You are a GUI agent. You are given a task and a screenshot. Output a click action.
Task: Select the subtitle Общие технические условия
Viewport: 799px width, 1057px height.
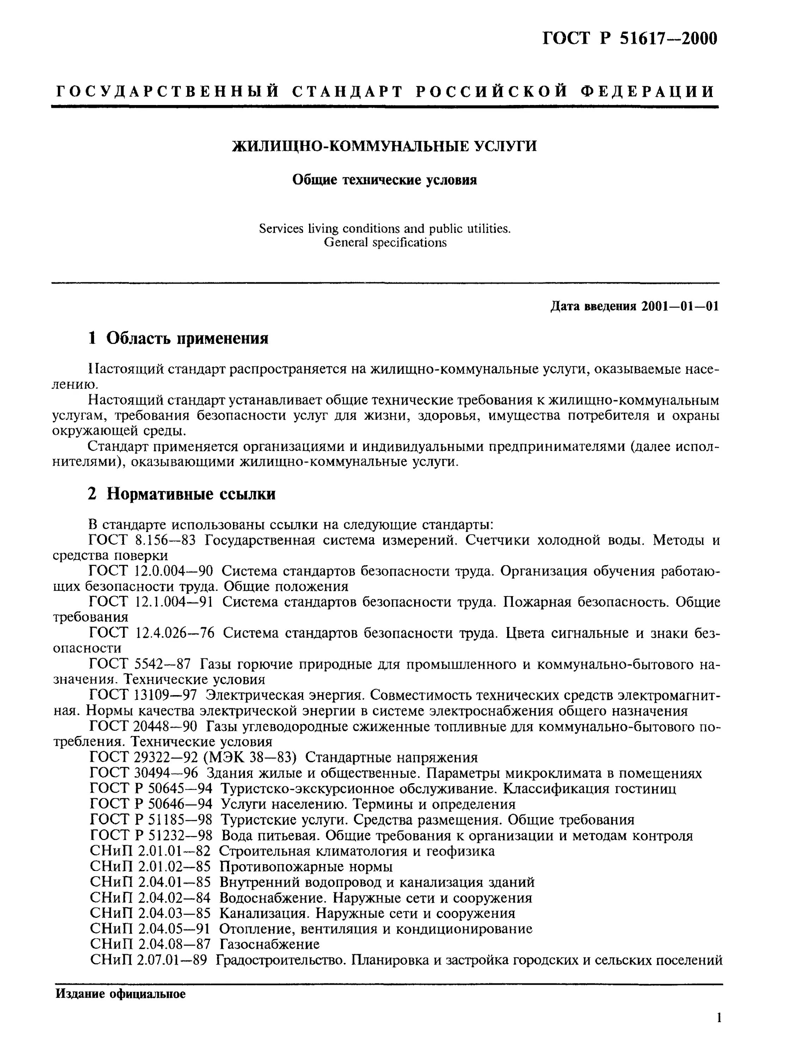[384, 180]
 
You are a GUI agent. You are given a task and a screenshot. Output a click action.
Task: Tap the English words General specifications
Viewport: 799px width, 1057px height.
[385, 243]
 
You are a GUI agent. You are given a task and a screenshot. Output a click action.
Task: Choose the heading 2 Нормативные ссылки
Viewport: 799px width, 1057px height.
[182, 494]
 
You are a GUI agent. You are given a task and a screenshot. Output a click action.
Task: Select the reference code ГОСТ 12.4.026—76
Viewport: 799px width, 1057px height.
[152, 633]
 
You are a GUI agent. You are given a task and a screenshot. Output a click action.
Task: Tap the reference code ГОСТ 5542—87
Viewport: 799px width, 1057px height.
[140, 664]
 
